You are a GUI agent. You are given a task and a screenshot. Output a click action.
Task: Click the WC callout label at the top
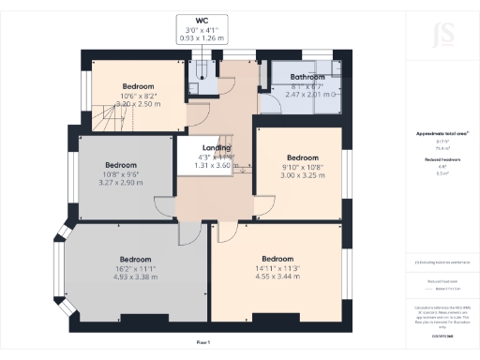[202, 20]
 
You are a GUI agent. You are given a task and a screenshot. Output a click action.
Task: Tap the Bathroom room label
[307, 77]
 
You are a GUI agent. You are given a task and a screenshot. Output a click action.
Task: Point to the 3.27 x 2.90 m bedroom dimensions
[121, 182]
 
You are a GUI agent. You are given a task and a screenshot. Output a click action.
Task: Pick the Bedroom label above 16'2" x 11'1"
[135, 259]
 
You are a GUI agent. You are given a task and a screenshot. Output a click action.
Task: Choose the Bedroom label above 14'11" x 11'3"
[277, 259]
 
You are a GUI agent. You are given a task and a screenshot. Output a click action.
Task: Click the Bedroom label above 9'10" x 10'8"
[303, 157]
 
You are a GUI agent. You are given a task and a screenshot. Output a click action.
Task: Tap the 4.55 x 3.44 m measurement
[277, 277]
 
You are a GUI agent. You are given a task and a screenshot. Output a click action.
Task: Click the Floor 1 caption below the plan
[204, 343]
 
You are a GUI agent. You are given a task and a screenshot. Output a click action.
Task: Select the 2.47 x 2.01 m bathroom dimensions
[307, 95]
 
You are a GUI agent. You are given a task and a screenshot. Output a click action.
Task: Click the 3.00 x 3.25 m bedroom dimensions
[303, 175]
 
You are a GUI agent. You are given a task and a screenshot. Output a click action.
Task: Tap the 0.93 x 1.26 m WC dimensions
[202, 37]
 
